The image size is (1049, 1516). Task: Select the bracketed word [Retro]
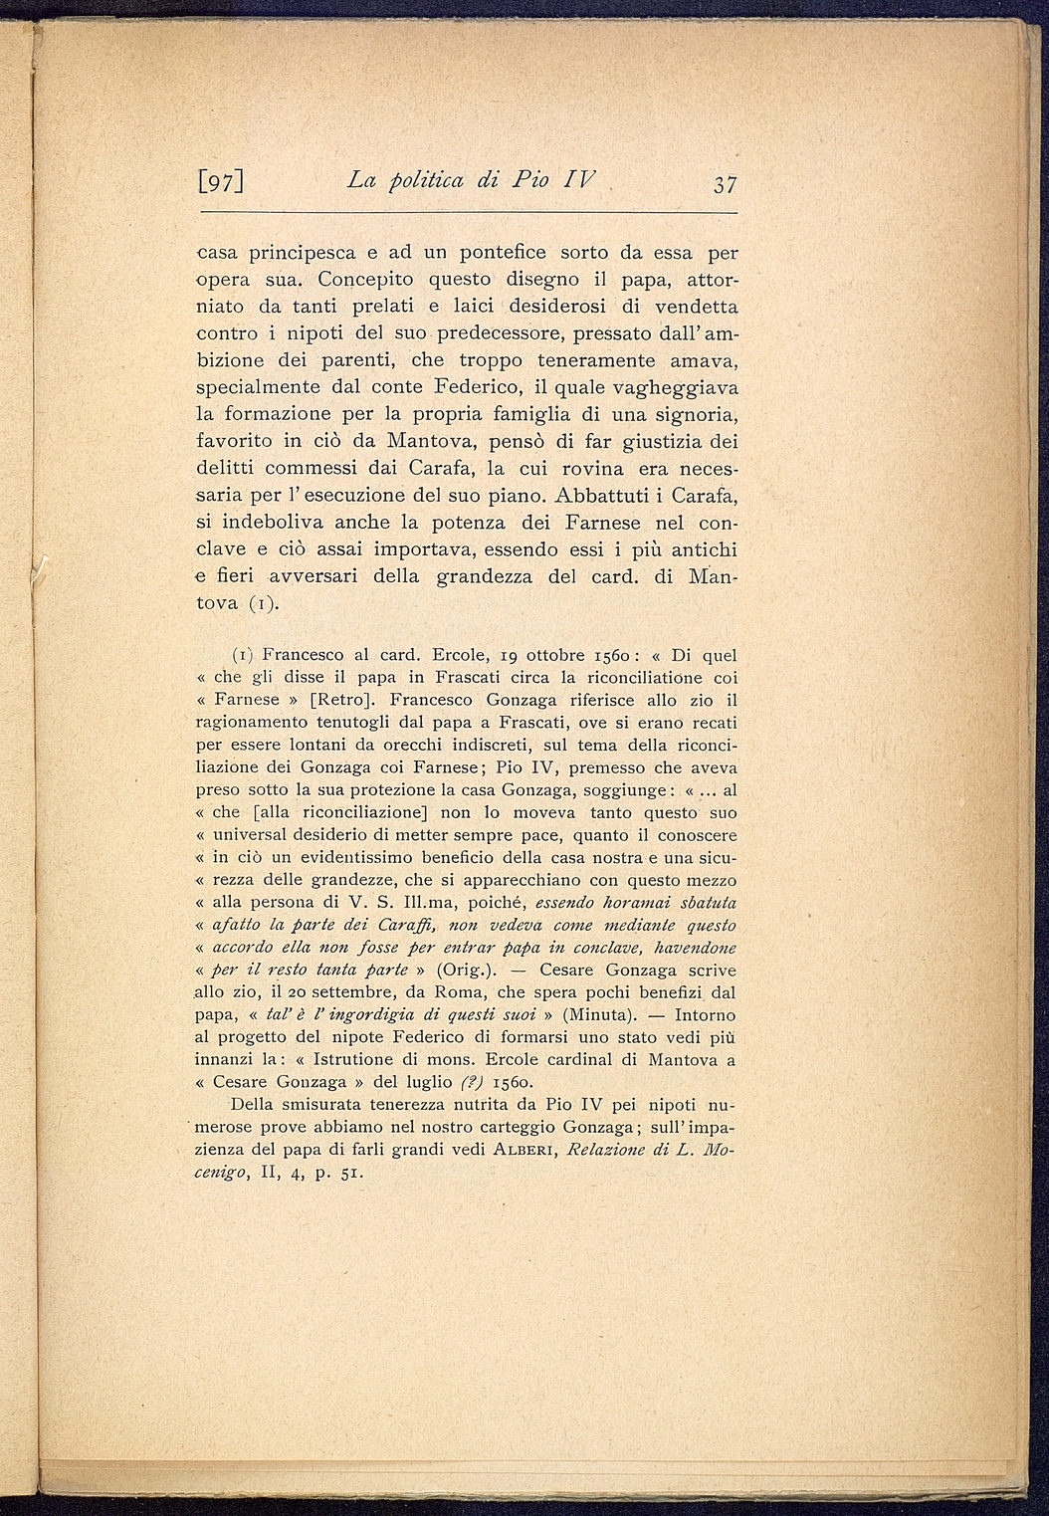pyautogui.click(x=340, y=699)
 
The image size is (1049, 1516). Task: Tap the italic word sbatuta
pyautogui.click(x=704, y=903)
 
